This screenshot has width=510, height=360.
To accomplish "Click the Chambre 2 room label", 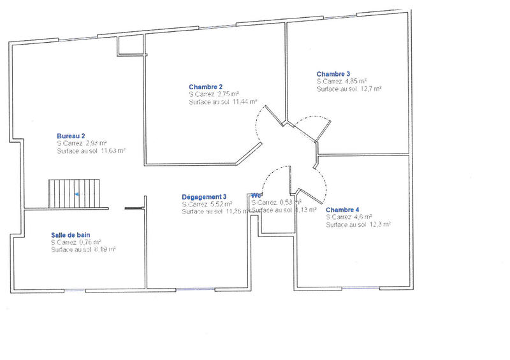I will (x=205, y=87).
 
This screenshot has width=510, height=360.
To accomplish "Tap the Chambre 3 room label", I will (x=333, y=74).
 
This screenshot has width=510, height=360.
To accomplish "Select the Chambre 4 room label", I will (x=342, y=210).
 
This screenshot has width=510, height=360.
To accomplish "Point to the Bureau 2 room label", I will (x=71, y=136).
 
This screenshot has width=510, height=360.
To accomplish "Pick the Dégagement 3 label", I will (x=204, y=197).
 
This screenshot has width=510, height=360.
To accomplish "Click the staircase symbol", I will (x=75, y=193).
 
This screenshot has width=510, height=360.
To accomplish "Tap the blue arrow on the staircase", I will (x=76, y=193).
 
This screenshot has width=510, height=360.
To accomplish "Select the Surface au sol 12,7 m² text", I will (x=349, y=89).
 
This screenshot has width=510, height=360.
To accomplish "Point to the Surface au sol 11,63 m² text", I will (x=91, y=151).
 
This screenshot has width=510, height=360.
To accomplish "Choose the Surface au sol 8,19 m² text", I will (x=83, y=250).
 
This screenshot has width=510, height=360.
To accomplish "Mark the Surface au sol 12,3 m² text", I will (x=358, y=224).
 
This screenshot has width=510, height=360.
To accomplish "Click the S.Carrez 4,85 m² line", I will (x=341, y=82).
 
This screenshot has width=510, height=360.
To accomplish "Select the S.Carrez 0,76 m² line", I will (x=76, y=243).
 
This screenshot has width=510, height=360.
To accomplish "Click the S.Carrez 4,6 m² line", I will (x=349, y=217).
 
